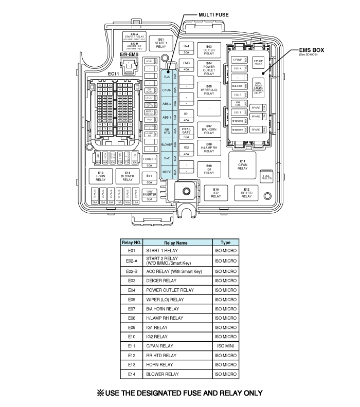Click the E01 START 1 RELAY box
tap(160, 43)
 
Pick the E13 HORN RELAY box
tap(100, 176)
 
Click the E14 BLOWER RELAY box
tap(128, 176)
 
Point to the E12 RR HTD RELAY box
tap(247, 193)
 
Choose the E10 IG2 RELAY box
tap(216, 193)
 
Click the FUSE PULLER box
tap(266, 176)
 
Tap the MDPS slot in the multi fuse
tap(167, 172)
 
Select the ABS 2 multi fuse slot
tap(167, 103)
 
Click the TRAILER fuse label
tap(149, 159)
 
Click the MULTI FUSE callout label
tap(213, 15)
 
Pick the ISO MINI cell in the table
tap(225, 346)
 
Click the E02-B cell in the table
tap(131, 271)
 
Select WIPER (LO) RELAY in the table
tap(165, 299)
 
